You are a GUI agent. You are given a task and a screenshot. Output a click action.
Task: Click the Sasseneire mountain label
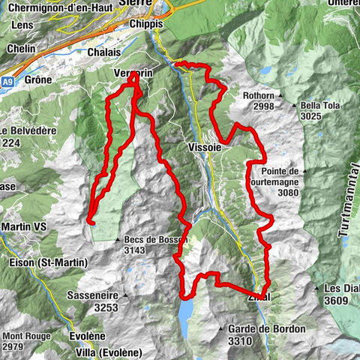click(95, 295)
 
